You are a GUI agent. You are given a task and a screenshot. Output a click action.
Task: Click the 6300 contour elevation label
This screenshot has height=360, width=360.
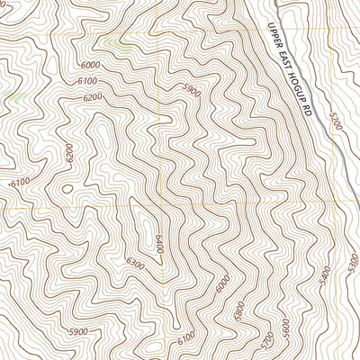[135, 263]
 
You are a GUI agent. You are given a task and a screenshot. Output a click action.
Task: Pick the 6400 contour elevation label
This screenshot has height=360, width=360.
[155, 242]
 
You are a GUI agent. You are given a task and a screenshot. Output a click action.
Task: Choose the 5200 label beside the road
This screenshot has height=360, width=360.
[336, 122]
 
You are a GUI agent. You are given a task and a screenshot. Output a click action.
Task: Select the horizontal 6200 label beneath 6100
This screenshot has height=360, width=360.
[93, 97]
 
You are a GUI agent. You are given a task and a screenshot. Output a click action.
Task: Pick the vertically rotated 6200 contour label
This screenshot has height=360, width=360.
[68, 155]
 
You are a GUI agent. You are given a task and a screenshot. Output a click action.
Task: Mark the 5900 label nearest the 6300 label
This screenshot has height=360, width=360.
[77, 333]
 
